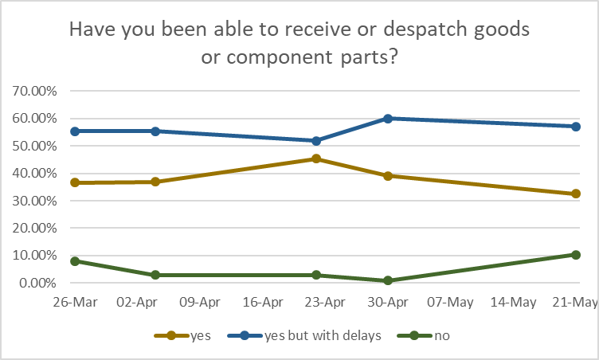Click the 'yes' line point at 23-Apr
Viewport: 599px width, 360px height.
click(316, 158)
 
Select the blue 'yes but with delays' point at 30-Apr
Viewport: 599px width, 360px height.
click(388, 118)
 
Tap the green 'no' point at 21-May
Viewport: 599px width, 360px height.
click(576, 255)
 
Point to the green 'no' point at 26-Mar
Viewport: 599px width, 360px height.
click(76, 260)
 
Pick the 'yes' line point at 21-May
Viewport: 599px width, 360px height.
click(576, 194)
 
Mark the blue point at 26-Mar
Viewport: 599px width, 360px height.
click(76, 131)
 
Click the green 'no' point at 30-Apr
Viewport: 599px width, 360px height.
click(388, 280)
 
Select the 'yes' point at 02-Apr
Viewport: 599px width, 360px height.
click(155, 182)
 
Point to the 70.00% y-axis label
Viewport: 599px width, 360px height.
click(34, 91)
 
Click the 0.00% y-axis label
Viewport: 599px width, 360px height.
click(37, 283)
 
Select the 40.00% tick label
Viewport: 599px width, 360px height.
click(34, 173)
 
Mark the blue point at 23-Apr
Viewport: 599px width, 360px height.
click(316, 141)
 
